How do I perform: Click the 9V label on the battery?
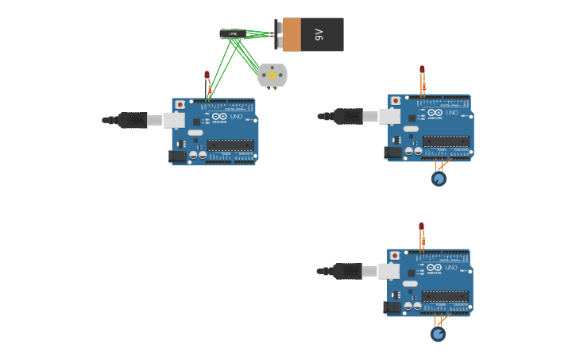319,34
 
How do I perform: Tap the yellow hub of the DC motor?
273,75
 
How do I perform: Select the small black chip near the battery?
232,33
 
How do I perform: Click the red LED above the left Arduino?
207,75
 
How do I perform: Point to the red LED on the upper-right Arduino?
422,70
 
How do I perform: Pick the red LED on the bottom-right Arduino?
421,226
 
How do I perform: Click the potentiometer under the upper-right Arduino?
439,179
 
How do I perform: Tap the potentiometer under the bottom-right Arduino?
438,334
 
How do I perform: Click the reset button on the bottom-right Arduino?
395,256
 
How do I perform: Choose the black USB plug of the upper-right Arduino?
348,117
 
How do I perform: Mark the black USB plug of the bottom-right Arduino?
347,272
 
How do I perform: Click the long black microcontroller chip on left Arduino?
230,145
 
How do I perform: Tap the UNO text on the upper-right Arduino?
451,113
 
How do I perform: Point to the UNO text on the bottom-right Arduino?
450,268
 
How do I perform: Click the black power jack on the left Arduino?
178,157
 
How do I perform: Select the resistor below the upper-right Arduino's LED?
423,86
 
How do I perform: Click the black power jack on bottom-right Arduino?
392,308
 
